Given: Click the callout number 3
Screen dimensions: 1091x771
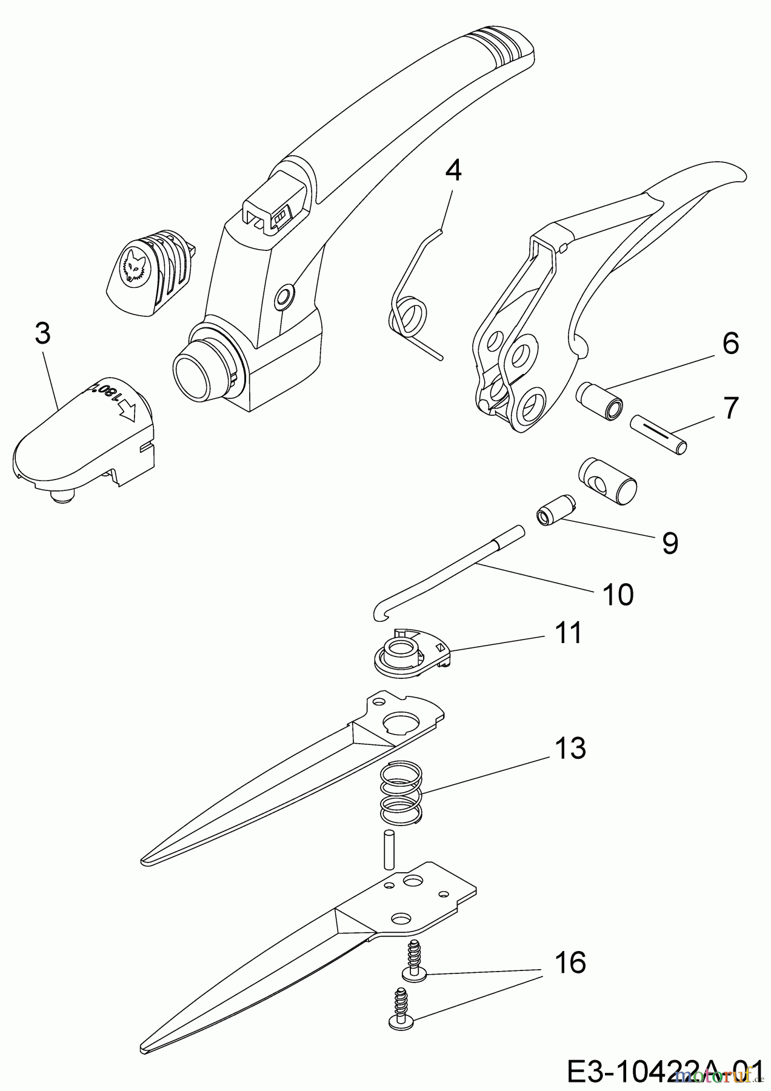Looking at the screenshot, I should pos(42,334).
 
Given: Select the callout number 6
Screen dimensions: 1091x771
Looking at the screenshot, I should pos(730,344).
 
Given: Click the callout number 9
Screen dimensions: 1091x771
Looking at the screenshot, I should pos(670,542).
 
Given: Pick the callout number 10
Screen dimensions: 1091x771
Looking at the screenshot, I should pos(618,595).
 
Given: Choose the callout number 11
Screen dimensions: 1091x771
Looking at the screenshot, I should pos(567,633).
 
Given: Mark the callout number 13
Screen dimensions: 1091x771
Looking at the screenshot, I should pos(570,748).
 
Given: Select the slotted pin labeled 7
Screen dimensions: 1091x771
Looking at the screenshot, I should pos(659,433).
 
